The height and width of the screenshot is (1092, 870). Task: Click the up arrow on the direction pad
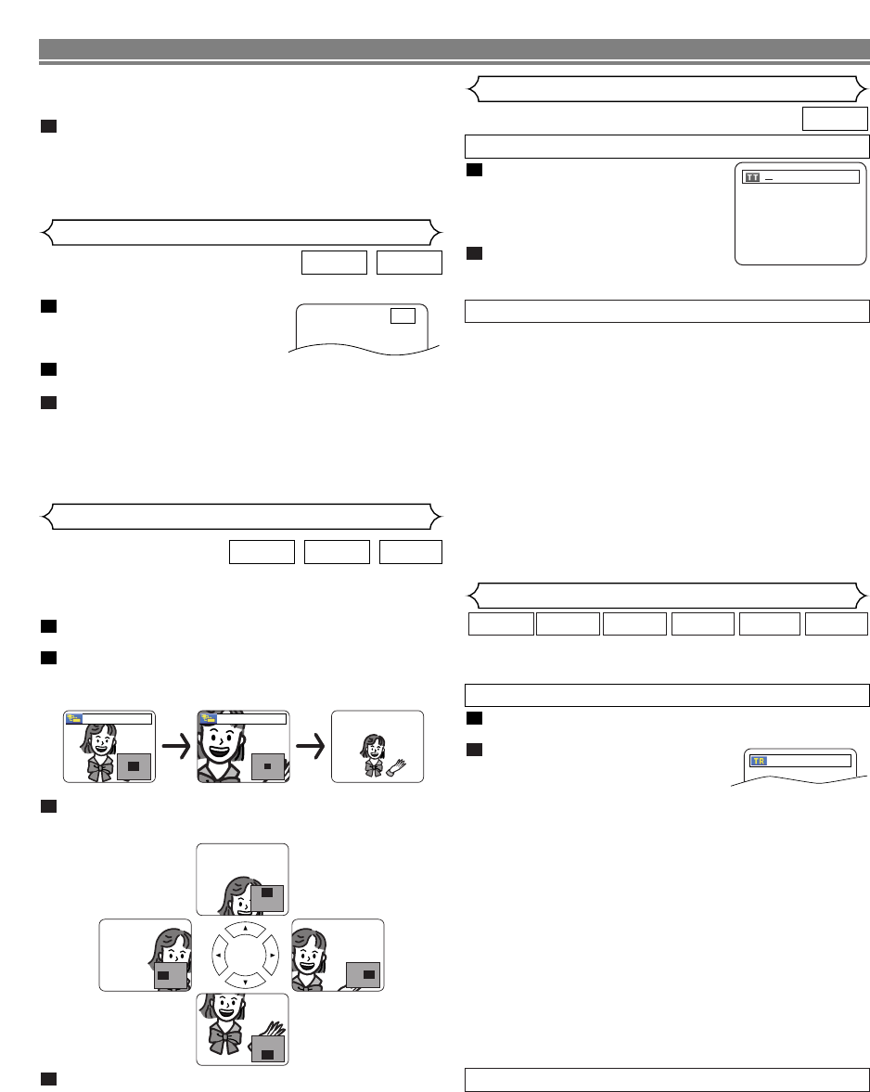pyautogui.click(x=242, y=927)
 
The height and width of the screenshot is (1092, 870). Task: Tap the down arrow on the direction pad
pyautogui.click(x=242, y=981)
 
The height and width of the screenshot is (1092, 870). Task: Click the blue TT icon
pyautogui.click(x=751, y=176)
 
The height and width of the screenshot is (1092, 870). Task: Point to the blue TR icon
pyautogui.click(x=758, y=761)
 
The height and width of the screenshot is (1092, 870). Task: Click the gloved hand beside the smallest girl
pyautogui.click(x=396, y=766)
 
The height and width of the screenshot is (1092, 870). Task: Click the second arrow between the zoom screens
pyautogui.click(x=311, y=748)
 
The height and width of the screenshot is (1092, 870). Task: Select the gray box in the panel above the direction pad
pyautogui.click(x=266, y=894)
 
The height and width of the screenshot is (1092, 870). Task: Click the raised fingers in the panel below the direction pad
pyautogui.click(x=274, y=1021)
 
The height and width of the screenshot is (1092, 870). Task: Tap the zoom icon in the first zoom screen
pyautogui.click(x=72, y=718)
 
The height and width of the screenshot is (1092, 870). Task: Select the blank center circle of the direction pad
pyautogui.click(x=242, y=954)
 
